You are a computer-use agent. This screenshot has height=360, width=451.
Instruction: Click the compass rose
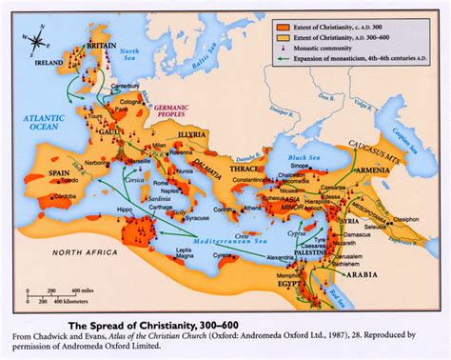pos(37,41)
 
